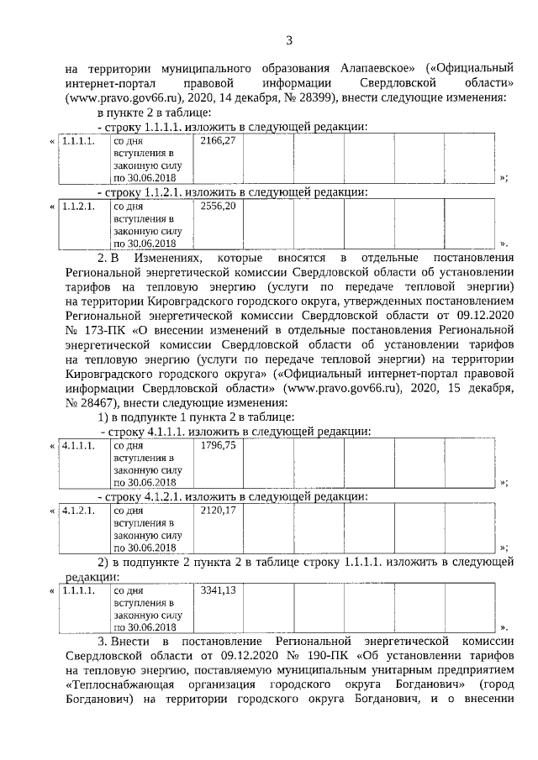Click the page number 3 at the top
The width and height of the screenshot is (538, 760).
[x=288, y=39]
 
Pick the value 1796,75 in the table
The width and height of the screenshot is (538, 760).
[x=217, y=444]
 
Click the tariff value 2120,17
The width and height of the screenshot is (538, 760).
[x=217, y=510]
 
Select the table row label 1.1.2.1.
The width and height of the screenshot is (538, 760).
[x=78, y=206]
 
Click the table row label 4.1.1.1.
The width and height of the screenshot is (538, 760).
[x=78, y=444]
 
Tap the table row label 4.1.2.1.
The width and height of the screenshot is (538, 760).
[x=78, y=510]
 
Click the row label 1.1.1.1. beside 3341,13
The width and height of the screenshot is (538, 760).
[x=78, y=590]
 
